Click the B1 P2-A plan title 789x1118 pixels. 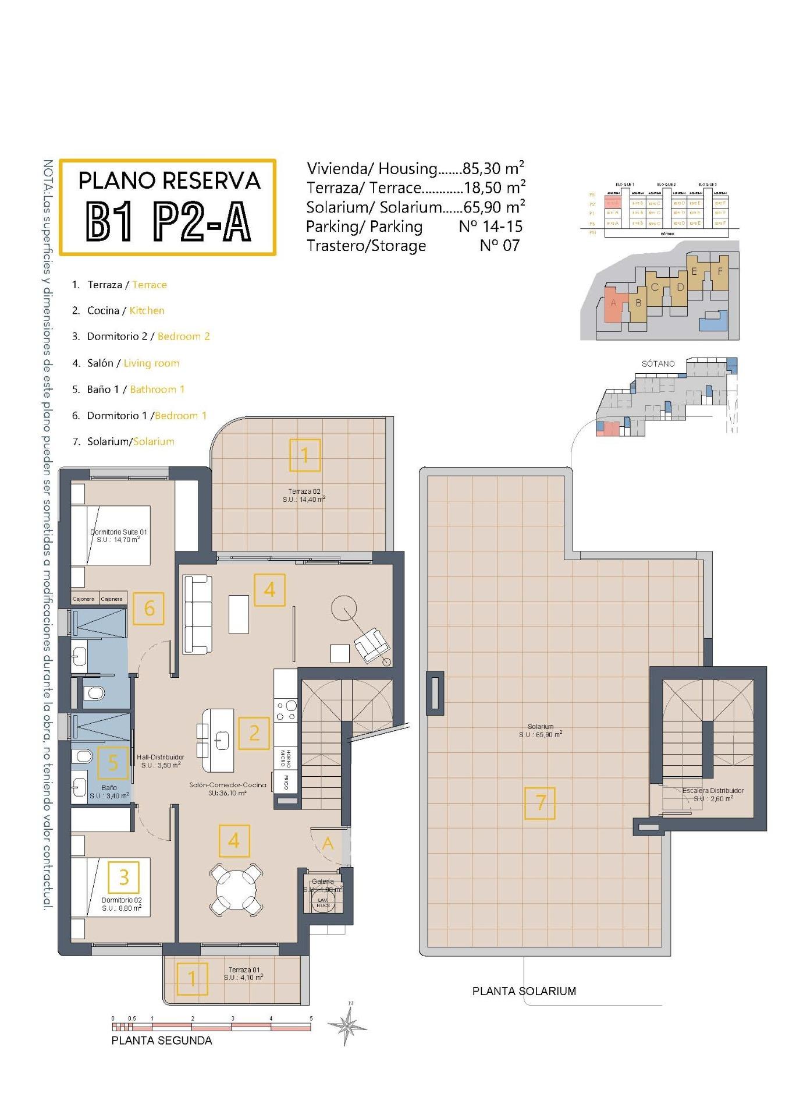tap(168, 221)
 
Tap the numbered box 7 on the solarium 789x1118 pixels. tap(539, 803)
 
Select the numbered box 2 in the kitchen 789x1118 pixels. tap(254, 733)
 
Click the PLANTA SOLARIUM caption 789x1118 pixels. tap(524, 991)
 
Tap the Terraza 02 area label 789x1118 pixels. tap(304, 496)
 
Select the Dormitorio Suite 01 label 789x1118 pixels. tap(119, 536)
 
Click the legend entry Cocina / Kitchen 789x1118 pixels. tap(118, 310)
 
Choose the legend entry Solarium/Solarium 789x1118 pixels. tap(123, 441)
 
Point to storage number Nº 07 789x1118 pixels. tap(499, 245)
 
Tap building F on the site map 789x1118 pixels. tap(720, 272)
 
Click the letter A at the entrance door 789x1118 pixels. tap(328, 843)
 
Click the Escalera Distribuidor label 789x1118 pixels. tap(713, 794)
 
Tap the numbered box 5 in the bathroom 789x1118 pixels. tap(113, 763)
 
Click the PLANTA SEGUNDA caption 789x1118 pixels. tap(162, 1041)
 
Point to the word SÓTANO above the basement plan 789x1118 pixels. tap(658, 363)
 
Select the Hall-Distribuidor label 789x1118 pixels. tap(161, 761)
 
